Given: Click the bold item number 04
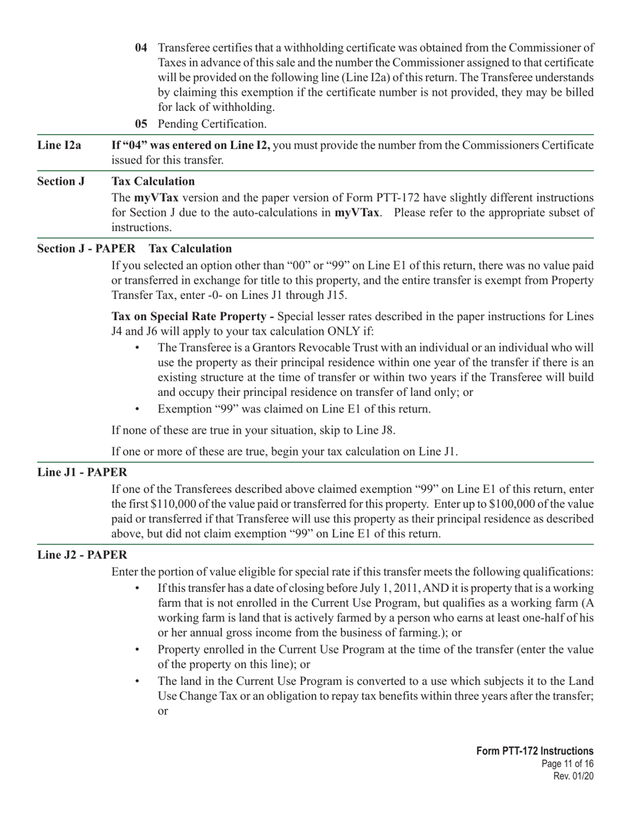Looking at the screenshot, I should (x=141, y=48).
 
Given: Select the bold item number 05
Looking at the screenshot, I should (x=141, y=124).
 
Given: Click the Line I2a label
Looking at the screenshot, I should (x=59, y=145).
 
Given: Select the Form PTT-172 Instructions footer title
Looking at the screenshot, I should (x=535, y=751).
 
